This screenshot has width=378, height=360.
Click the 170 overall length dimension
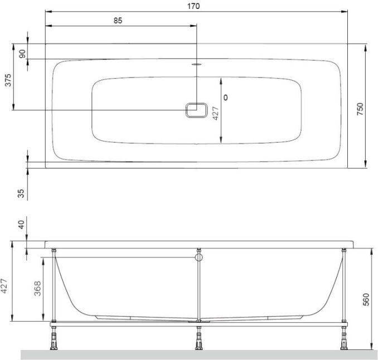(x=193, y=6)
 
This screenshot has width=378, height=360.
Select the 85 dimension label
(x=118, y=21)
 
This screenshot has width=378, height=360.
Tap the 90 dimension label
(x=22, y=53)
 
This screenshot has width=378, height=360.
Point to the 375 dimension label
(x=8, y=80)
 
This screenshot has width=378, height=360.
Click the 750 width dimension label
(x=360, y=109)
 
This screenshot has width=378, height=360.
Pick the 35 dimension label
(x=21, y=193)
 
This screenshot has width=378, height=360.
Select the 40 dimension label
(x=21, y=225)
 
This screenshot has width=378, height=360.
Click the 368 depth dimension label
(x=37, y=289)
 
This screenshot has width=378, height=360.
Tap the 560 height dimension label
(x=366, y=299)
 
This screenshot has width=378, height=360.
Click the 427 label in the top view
(x=216, y=113)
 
